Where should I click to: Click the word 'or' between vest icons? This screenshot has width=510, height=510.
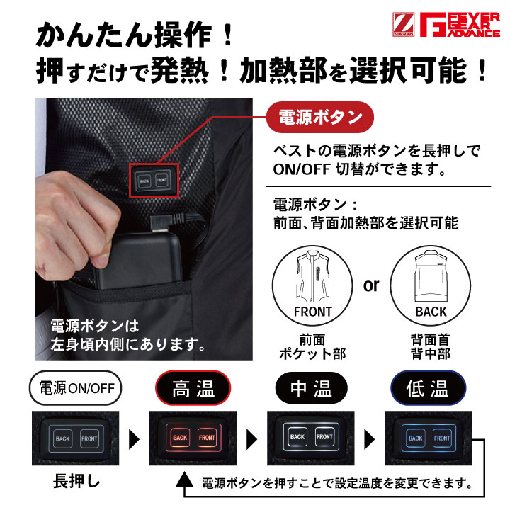[x=370, y=285]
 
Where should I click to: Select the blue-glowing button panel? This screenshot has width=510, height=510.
[x=429, y=438]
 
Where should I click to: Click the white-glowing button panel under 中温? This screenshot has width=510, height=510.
[x=311, y=438]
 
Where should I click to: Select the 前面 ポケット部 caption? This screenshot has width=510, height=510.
[x=312, y=346]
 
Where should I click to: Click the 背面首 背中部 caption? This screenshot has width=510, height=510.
[x=430, y=346]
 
